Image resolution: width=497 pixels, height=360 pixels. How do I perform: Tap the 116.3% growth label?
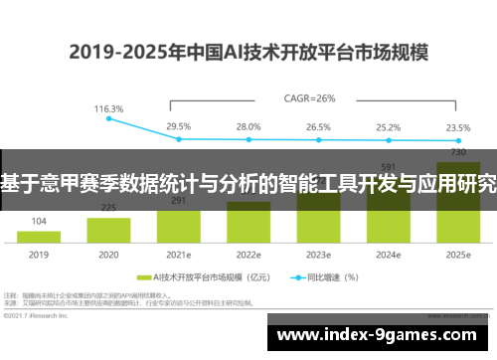[x=109, y=108]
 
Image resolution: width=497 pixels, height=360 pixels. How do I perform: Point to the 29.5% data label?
[x=179, y=126]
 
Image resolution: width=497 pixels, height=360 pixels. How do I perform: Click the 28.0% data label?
[x=248, y=126]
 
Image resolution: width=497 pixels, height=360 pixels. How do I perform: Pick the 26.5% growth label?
[x=318, y=126]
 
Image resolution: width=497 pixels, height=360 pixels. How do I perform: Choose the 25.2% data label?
[x=388, y=126]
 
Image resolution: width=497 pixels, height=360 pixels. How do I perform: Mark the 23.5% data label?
[x=457, y=126]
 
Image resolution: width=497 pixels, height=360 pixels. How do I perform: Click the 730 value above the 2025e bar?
[x=458, y=152]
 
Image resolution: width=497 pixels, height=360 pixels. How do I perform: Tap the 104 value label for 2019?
[x=39, y=221]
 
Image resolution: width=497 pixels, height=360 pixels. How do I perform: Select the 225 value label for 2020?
[x=108, y=208]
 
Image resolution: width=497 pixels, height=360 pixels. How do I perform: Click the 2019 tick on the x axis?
[x=39, y=255]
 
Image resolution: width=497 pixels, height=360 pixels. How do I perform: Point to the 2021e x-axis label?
[x=179, y=255]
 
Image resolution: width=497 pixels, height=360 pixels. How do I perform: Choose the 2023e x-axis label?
[x=318, y=255]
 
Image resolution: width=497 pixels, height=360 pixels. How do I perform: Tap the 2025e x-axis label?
[x=458, y=255]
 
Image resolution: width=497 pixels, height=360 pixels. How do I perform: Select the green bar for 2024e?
[x=389, y=214]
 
